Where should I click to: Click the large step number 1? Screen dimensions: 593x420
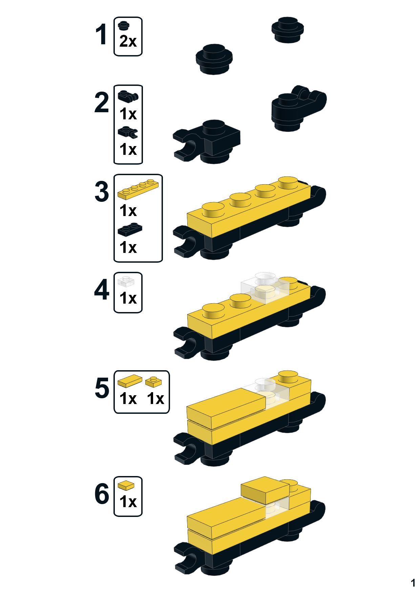(x=101, y=35)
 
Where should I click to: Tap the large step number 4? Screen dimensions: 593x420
(x=101, y=290)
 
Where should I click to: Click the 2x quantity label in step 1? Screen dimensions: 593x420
(x=128, y=42)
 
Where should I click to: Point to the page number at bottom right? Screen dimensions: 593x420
(x=413, y=583)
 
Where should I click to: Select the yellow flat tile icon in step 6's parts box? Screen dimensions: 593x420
(x=126, y=485)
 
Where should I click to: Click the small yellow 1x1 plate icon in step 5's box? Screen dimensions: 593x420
(x=153, y=382)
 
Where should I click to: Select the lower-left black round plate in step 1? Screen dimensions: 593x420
(x=214, y=60)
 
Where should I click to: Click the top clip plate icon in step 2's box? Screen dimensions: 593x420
(x=128, y=96)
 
